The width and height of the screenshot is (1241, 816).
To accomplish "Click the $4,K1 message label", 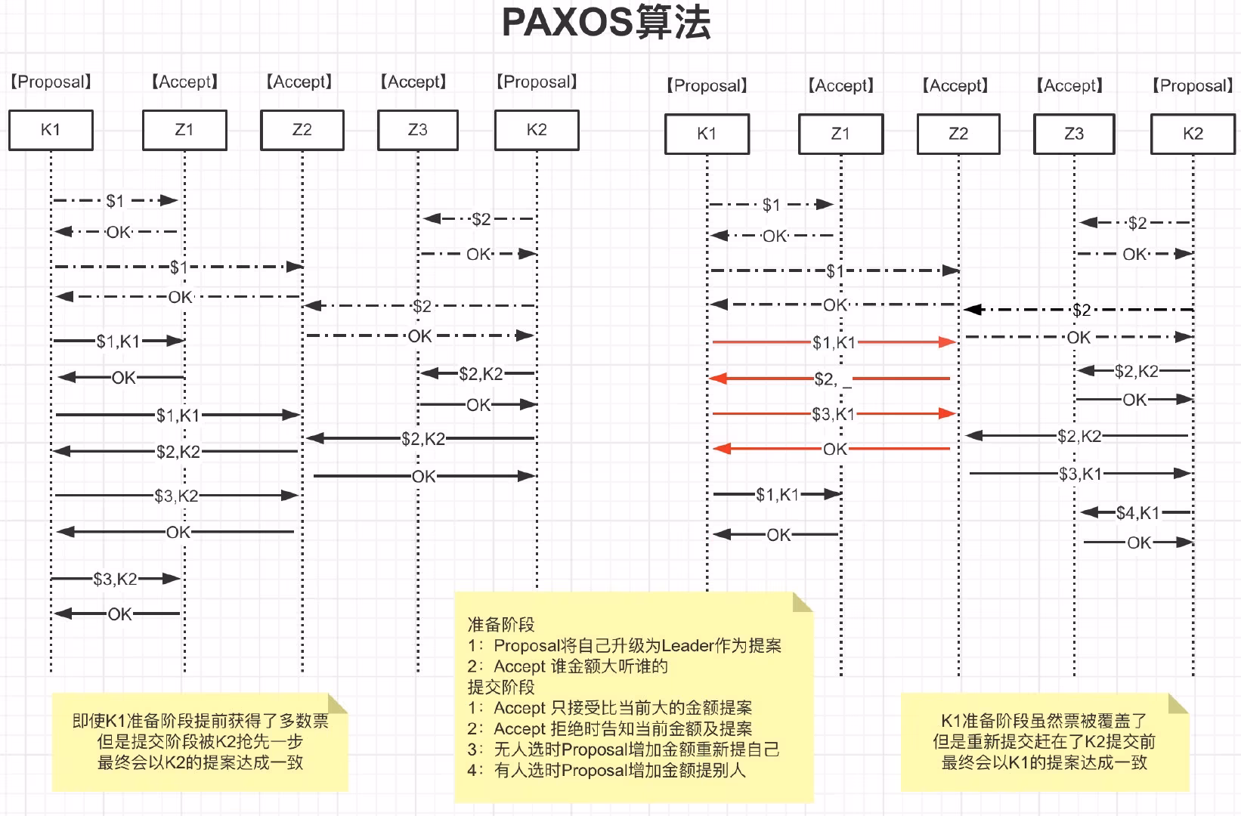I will pyautogui.click(x=1137, y=513).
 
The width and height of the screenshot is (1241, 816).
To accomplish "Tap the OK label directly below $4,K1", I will pyautogui.click(x=1138, y=542).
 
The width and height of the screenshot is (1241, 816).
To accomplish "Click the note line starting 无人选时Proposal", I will pyautogui.click(x=636, y=750).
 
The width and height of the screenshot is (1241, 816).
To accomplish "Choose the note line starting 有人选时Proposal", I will pyautogui.click(x=619, y=771).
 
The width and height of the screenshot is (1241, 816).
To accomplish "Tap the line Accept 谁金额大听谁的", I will pyautogui.click(x=580, y=666).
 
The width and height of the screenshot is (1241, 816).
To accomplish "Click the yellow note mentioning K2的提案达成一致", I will pyautogui.click(x=200, y=742).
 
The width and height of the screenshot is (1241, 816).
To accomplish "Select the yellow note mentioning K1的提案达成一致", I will pyautogui.click(x=1044, y=742).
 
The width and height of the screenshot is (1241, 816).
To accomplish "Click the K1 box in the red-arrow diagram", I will pyautogui.click(x=707, y=134).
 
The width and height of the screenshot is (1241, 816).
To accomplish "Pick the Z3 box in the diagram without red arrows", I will pyautogui.click(x=417, y=130).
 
